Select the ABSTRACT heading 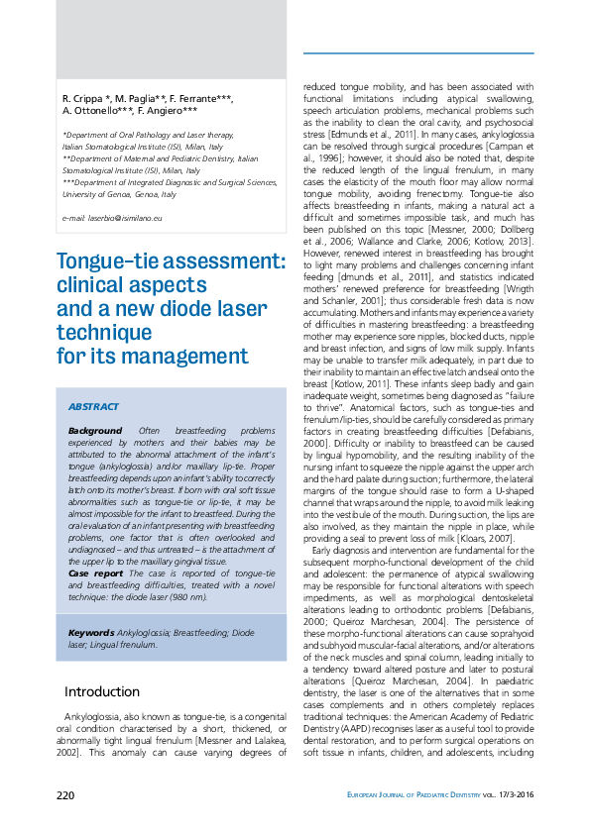(93, 407)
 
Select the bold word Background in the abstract (94, 431)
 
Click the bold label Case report (95, 573)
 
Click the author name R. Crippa (86, 100)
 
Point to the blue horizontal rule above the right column (417, 52)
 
